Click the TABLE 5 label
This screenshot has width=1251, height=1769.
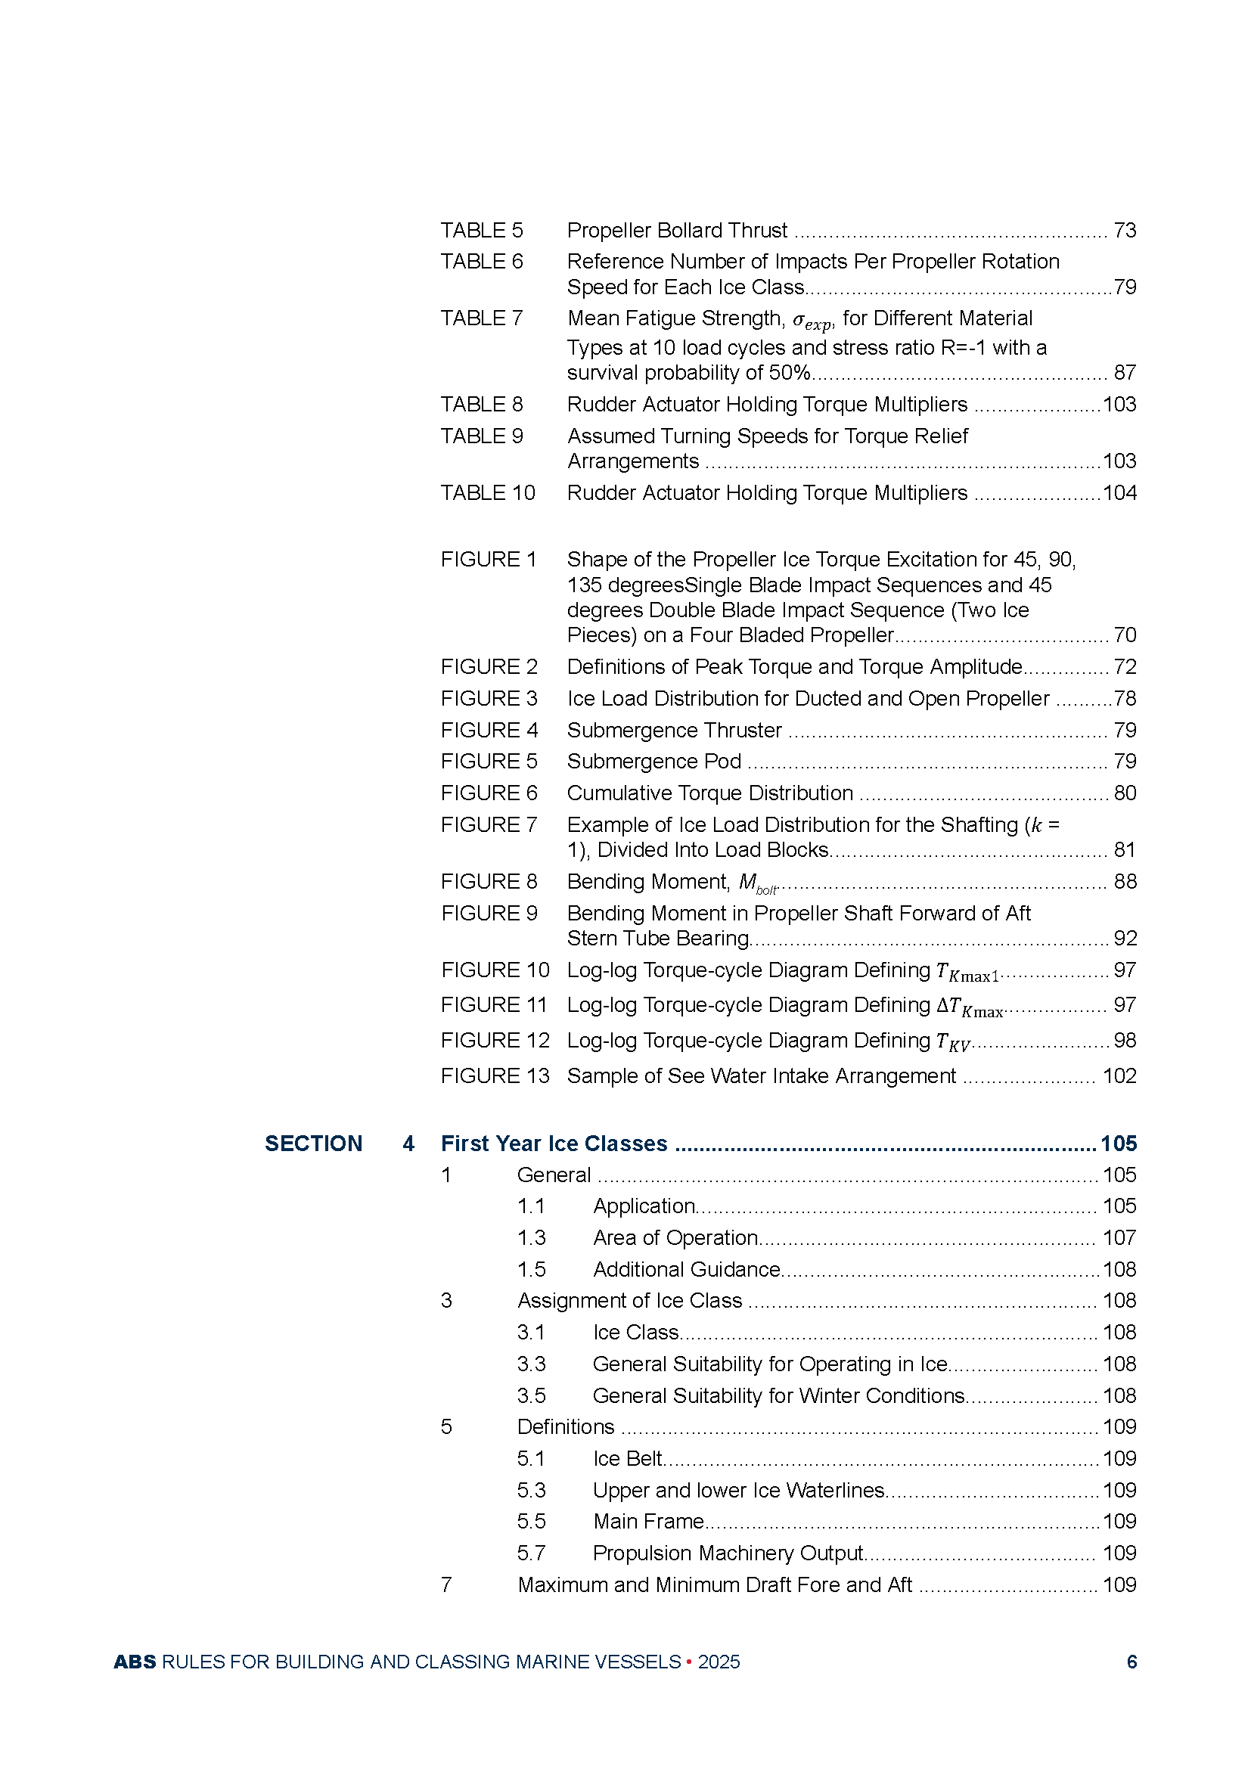(x=482, y=231)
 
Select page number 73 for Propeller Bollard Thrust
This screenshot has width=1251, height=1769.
(x=1125, y=231)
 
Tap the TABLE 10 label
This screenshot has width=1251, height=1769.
(x=488, y=492)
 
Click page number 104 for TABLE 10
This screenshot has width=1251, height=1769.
(x=1119, y=492)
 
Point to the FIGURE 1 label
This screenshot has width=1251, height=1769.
(x=489, y=560)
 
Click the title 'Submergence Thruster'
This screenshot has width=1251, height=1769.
(x=674, y=730)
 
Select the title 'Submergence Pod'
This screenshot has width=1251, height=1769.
(x=654, y=762)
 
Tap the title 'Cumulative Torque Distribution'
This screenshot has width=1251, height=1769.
(x=709, y=793)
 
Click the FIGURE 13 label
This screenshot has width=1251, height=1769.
(x=495, y=1075)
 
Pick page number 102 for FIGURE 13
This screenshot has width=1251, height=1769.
(x=1119, y=1075)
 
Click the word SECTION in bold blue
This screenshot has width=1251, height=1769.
(x=314, y=1144)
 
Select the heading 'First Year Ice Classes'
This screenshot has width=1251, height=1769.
(x=554, y=1144)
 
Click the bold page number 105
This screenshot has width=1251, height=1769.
(x=1119, y=1144)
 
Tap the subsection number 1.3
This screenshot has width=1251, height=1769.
(x=531, y=1237)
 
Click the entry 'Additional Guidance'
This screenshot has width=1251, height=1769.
(x=687, y=1269)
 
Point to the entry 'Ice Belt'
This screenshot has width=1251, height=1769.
(x=627, y=1458)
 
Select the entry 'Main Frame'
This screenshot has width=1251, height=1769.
(x=649, y=1521)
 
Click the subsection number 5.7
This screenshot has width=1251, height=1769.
(x=531, y=1553)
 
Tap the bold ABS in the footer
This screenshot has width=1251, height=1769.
(x=135, y=1662)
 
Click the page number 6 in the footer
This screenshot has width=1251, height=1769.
(x=1131, y=1662)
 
